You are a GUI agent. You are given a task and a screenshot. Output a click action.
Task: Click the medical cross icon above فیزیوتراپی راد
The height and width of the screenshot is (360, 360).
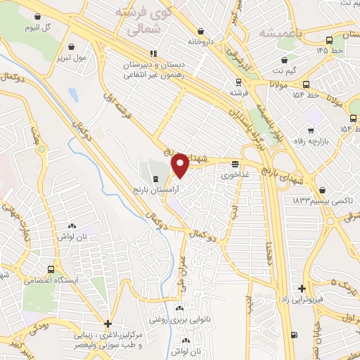(302, 288)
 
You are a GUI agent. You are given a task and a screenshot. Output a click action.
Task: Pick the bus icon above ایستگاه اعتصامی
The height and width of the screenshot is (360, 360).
(51, 269)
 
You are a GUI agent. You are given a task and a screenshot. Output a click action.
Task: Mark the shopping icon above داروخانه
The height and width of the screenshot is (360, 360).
(202, 31)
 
